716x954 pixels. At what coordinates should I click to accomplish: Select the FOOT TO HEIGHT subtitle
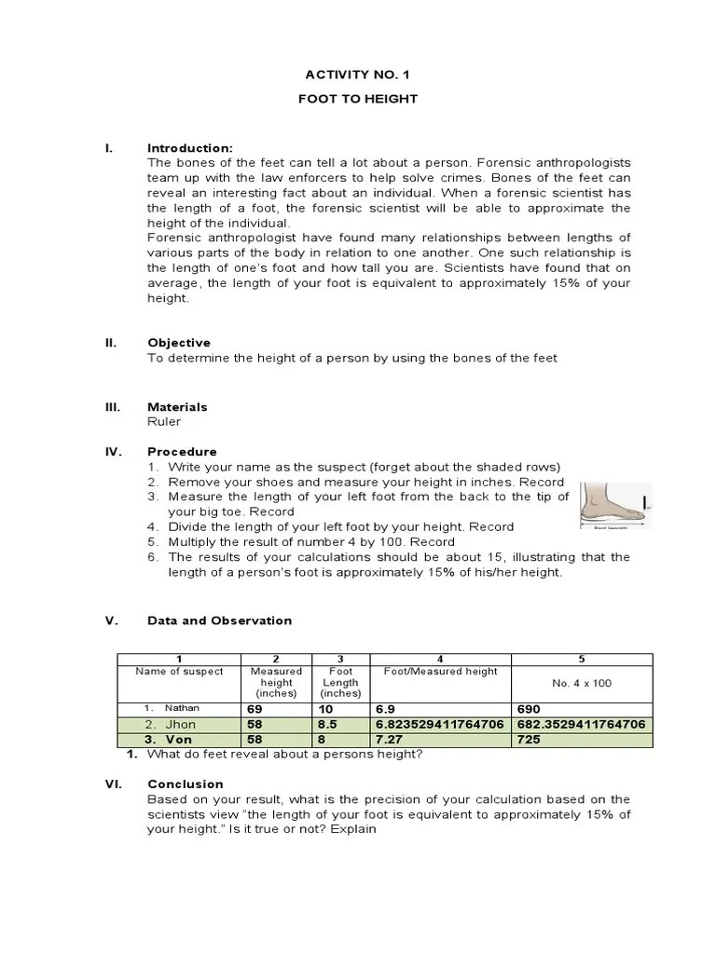(357, 99)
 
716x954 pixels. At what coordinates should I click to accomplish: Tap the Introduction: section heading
(190, 148)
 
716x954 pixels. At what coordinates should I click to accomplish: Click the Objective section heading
(179, 343)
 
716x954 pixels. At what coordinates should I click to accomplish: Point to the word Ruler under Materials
(164, 421)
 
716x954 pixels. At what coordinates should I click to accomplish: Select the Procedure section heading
(182, 452)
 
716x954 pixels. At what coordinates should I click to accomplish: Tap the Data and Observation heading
(220, 620)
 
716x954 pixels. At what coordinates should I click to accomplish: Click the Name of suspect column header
(179, 671)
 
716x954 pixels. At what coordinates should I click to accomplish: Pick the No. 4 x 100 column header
(582, 683)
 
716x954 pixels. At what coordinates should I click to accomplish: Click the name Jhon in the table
(181, 724)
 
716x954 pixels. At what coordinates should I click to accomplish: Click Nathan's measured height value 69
(255, 709)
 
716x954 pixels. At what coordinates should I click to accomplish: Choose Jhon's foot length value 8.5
(327, 724)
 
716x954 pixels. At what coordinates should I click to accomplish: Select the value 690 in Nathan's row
(529, 709)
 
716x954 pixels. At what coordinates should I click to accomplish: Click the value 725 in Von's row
(529, 739)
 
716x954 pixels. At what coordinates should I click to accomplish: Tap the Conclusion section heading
(186, 784)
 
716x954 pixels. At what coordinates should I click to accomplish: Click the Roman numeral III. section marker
(112, 407)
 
